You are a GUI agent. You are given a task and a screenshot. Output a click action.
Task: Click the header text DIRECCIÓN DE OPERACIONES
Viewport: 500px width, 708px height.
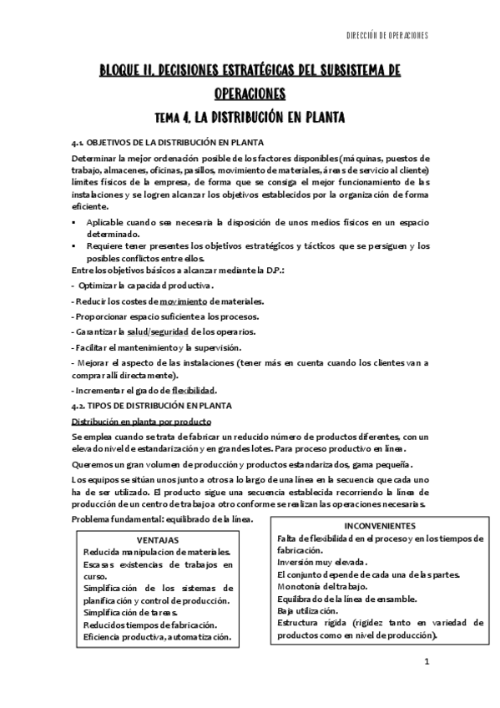pyautogui.click(x=386, y=36)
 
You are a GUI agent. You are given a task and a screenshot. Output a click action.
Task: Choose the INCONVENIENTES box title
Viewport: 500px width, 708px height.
pyautogui.click(x=379, y=527)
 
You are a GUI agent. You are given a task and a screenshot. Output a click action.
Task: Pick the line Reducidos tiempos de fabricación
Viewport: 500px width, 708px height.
pyautogui.click(x=150, y=625)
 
